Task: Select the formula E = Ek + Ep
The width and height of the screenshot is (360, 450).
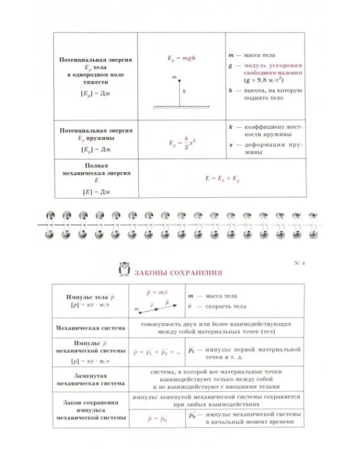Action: pyautogui.click(x=222, y=178)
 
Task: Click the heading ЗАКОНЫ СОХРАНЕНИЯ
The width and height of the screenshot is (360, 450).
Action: pyautogui.click(x=174, y=272)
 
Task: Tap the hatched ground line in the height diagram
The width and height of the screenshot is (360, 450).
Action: pyautogui.click(x=179, y=107)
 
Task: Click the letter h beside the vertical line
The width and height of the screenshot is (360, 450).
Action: pyautogui.click(x=184, y=91)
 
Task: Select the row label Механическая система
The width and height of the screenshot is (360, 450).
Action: pyautogui.click(x=91, y=328)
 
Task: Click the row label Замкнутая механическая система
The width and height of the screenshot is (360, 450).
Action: pyautogui.click(x=91, y=379)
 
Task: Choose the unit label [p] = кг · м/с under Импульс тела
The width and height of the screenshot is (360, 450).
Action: pyautogui.click(x=91, y=305)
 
